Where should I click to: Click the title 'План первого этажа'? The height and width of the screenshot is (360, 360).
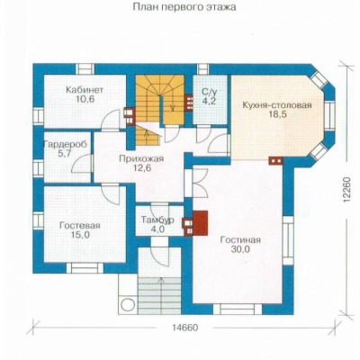click(x=184, y=7)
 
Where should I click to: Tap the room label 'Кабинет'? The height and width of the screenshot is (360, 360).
click(x=85, y=90)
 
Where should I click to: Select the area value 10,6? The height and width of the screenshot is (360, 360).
click(x=85, y=99)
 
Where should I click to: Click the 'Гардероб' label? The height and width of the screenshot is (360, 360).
click(x=66, y=145)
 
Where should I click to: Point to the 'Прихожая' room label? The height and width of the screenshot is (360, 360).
click(x=141, y=158)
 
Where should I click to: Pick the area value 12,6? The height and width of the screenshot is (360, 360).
click(x=141, y=167)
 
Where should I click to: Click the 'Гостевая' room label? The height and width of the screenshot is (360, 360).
click(x=80, y=225)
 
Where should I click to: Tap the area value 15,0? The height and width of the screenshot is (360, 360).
click(x=80, y=235)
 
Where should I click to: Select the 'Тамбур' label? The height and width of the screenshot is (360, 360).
click(x=157, y=220)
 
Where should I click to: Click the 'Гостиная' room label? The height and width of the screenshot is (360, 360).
click(x=240, y=240)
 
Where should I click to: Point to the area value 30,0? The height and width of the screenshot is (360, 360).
click(x=240, y=249)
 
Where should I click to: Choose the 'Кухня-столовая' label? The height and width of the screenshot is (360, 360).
click(x=277, y=105)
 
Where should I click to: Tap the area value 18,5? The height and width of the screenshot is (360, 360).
click(x=277, y=115)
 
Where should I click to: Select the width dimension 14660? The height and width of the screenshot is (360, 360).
click(x=185, y=328)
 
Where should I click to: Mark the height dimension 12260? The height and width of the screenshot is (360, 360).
click(x=347, y=191)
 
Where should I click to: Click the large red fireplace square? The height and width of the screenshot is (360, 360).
click(x=200, y=222)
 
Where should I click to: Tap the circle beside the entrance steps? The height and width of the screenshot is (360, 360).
click(x=128, y=305)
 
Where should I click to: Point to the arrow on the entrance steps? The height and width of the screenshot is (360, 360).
click(x=161, y=295)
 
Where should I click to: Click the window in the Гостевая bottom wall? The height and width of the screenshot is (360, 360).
click(x=85, y=268)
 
